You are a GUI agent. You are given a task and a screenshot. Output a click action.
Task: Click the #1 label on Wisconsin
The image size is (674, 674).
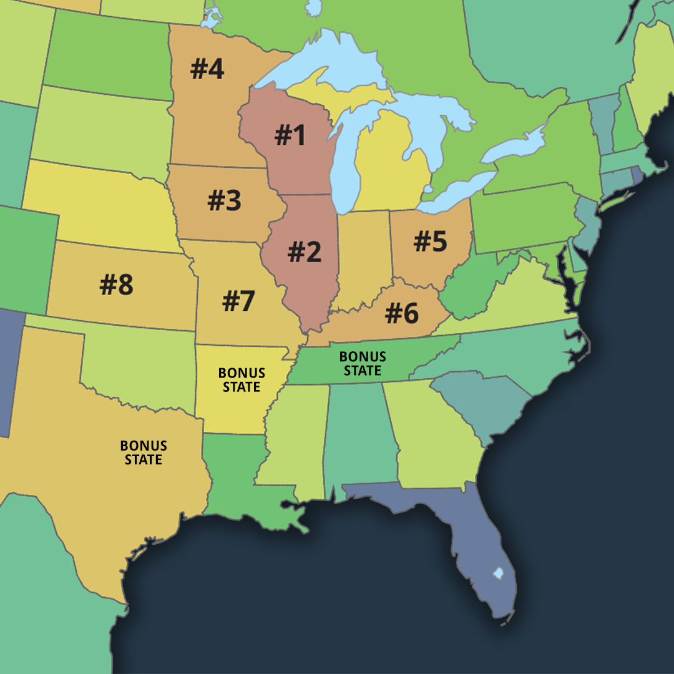click(290, 135)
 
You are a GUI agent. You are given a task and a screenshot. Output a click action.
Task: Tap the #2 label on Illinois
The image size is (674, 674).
click(304, 252)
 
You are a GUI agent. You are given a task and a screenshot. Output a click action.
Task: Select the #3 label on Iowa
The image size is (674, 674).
click(225, 201)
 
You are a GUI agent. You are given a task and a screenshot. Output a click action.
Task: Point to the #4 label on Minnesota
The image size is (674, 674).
click(207, 69)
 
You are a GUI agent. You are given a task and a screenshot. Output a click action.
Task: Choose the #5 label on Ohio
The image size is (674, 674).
click(431, 242)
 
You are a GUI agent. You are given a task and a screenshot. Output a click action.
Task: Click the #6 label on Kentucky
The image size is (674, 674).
click(402, 313)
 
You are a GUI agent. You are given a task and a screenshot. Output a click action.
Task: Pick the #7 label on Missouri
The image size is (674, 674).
click(238, 301)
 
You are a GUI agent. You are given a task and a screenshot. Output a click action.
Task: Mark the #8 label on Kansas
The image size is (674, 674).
click(117, 285)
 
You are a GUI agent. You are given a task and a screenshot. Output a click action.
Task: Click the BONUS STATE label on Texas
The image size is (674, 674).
click(144, 452)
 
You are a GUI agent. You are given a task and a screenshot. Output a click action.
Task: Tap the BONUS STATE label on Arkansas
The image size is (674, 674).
click(242, 380)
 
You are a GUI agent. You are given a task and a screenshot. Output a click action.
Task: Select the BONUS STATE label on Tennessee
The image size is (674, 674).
click(363, 364)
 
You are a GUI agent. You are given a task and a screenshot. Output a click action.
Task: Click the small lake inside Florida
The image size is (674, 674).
click(498, 572)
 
